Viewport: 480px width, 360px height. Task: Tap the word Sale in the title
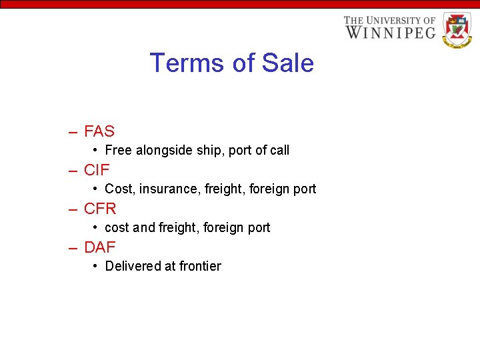[288, 63]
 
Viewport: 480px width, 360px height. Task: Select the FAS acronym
[99, 131]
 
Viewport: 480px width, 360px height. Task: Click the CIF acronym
[97, 170]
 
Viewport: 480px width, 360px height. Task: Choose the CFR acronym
[100, 209]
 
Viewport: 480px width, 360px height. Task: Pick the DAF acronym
[100, 247]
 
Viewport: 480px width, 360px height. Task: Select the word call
[279, 151]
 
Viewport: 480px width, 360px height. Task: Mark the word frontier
[198, 266]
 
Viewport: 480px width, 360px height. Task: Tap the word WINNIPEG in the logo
[389, 32]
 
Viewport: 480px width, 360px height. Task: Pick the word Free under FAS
[119, 151]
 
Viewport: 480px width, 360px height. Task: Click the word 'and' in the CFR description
[143, 228]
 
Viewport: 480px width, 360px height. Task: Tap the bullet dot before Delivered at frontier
[97, 266]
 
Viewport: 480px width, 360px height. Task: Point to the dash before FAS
[73, 132]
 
